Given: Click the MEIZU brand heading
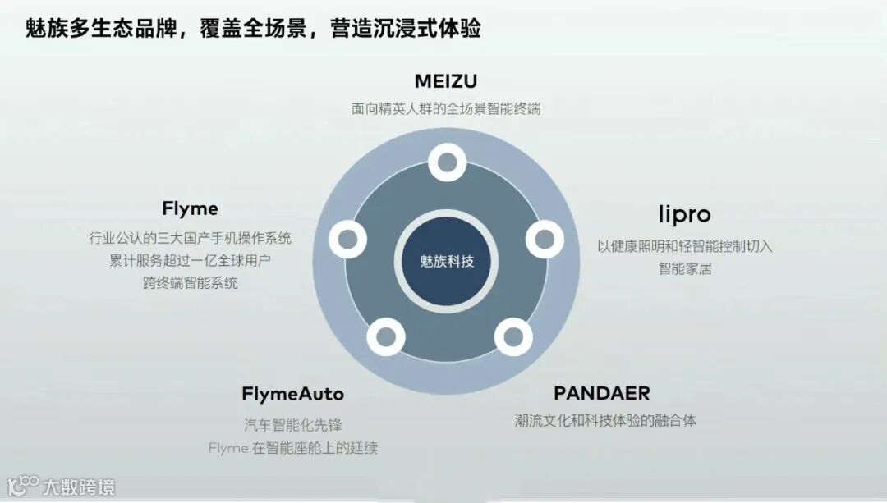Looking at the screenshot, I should [446, 81].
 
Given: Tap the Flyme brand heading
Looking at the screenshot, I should [190, 208].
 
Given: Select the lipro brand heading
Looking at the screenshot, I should [684, 214].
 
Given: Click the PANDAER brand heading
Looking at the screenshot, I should [602, 393].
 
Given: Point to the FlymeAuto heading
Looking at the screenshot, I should [292, 394].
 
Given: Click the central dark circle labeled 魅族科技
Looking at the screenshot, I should [447, 262].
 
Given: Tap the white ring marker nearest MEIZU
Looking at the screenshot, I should [447, 162].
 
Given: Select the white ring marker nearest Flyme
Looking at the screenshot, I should [347, 239].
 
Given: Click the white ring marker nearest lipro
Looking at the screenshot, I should [544, 240].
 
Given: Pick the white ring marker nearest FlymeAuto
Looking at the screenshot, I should [386, 336].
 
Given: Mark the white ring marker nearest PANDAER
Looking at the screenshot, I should [512, 336].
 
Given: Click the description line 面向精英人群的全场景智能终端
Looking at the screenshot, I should [446, 108].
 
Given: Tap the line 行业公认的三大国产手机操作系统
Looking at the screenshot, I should [190, 238].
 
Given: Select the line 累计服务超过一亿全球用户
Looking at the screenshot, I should [190, 261].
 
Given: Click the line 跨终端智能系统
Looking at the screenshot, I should [190, 283].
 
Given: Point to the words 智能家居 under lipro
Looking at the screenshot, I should [684, 268].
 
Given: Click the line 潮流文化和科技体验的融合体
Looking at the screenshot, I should [604, 420].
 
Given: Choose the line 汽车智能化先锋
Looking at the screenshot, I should [292, 425].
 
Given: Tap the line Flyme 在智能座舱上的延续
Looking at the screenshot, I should [292, 448].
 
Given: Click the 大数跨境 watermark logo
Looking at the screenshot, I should [62, 485].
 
